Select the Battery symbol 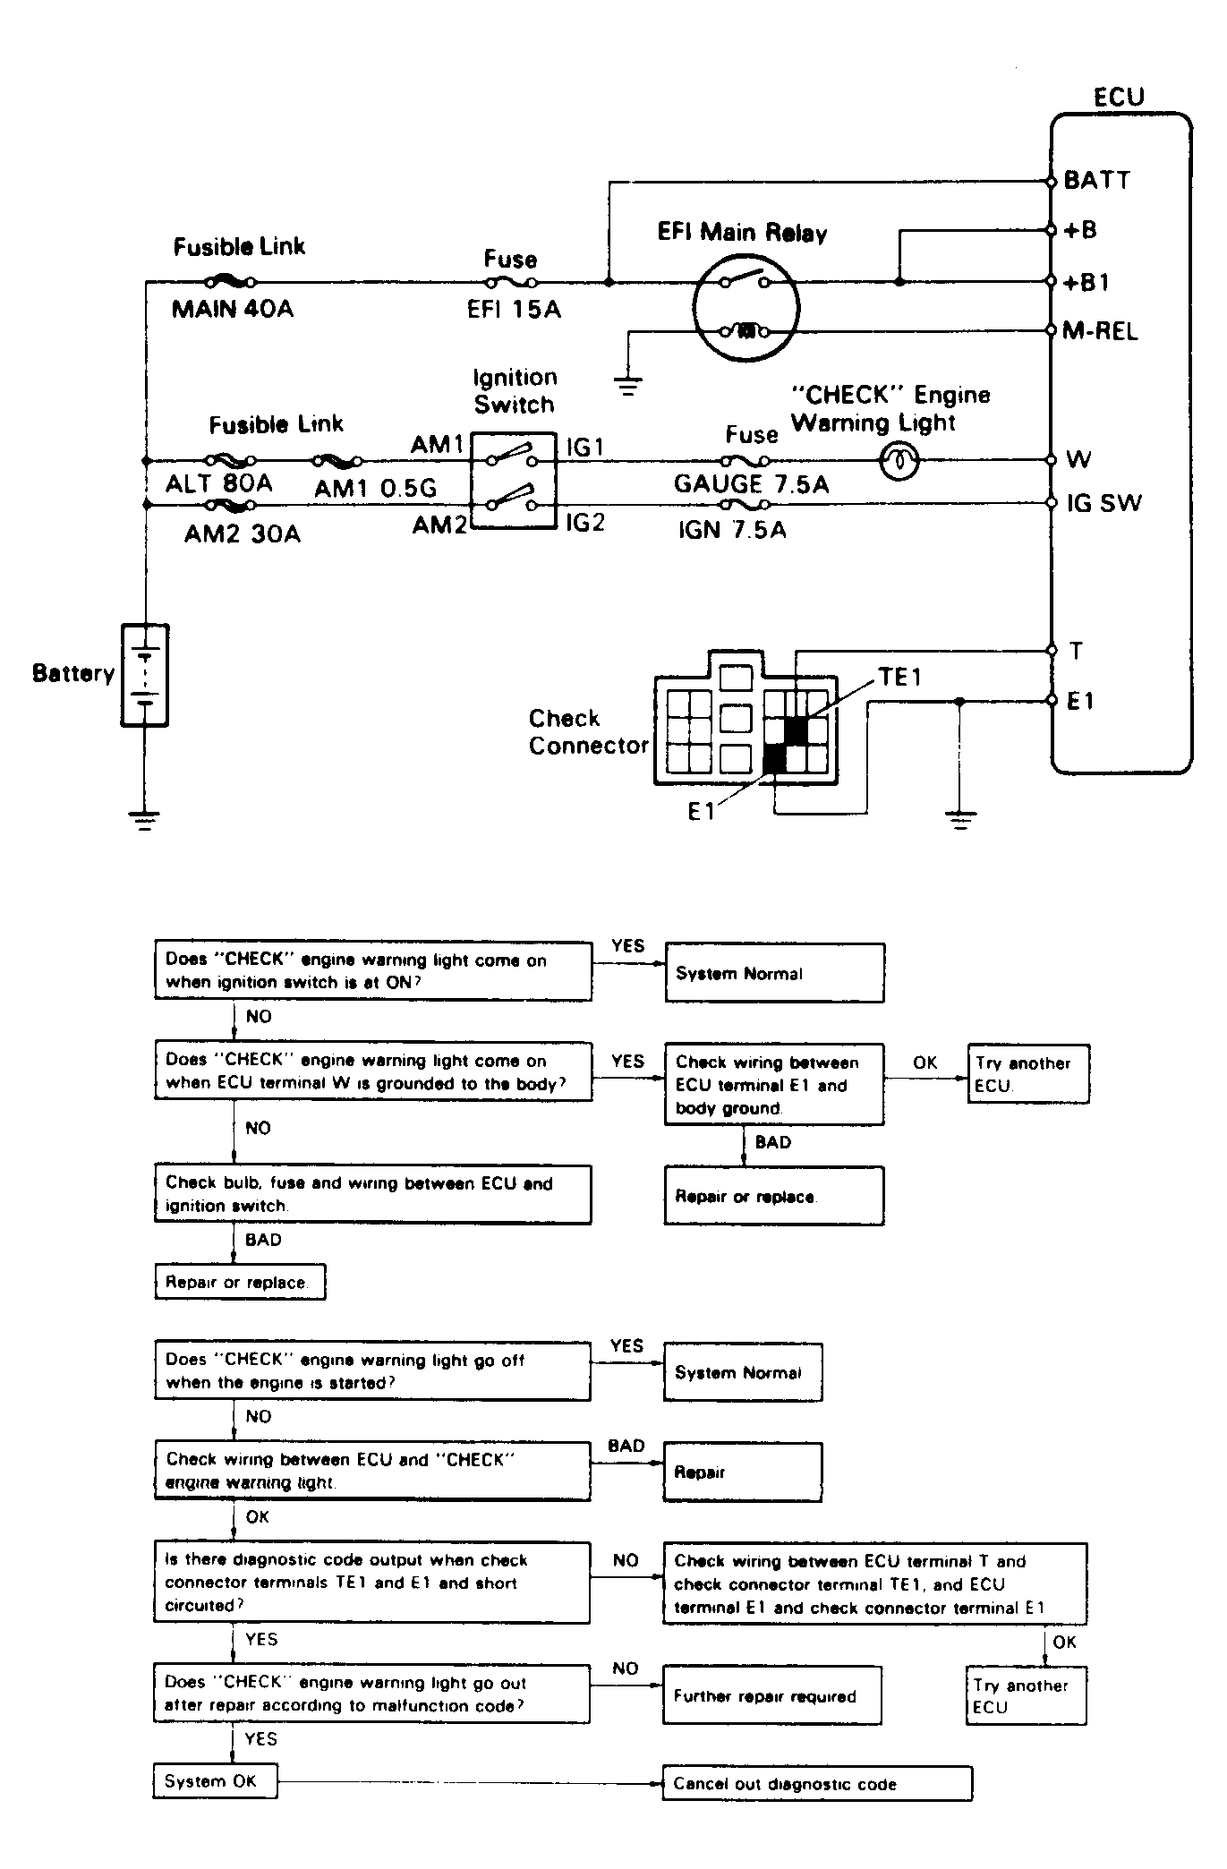[x=144, y=675]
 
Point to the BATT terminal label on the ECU [x=1097, y=180]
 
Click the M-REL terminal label [x=1100, y=332]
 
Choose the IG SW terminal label [x=1104, y=503]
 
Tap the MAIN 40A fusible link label [x=233, y=310]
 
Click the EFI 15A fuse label [x=514, y=310]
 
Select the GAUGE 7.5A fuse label [x=752, y=484]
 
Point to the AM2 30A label [x=243, y=534]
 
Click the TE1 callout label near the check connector [x=899, y=678]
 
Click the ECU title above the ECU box [x=1119, y=97]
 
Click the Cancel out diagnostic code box [x=817, y=1784]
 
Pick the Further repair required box [x=772, y=1696]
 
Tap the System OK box [x=215, y=1781]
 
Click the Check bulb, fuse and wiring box [x=373, y=1194]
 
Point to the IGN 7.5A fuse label [x=732, y=530]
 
